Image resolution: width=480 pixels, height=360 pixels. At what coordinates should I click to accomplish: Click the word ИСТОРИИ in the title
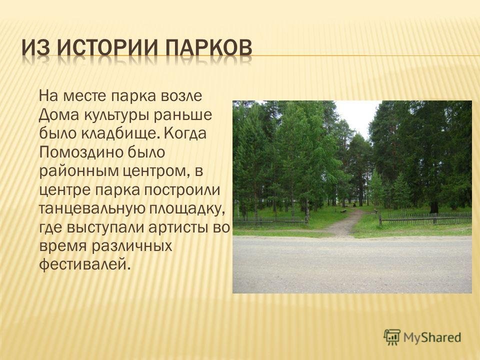tap(106, 48)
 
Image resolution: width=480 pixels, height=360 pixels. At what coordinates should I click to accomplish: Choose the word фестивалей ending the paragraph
tap(82, 263)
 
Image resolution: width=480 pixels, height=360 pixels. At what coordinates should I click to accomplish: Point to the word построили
tap(182, 190)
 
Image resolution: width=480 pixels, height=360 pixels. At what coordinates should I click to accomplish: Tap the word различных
tap(132, 246)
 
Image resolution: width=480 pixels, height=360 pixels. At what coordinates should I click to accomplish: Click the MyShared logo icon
tap(392, 337)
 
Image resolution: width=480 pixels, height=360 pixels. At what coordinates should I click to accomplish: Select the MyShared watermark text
tap(432, 337)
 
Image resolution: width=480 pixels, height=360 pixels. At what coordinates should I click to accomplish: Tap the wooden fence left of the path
tap(270, 221)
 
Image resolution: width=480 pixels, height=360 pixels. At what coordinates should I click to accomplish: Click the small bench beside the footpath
tap(343, 211)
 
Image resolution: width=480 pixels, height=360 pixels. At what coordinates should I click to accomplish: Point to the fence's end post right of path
tap(380, 218)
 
